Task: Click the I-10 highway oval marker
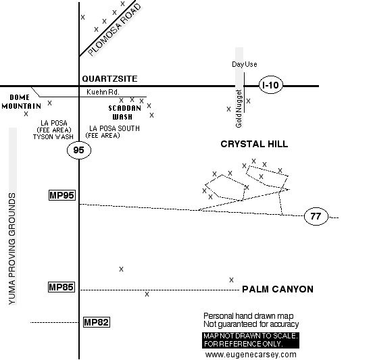[x=271, y=85]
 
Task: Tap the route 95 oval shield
[x=79, y=150]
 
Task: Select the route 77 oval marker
[x=316, y=216]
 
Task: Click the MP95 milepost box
[x=62, y=195]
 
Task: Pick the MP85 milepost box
[x=61, y=287]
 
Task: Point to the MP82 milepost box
[x=97, y=322]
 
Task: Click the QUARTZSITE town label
[x=109, y=79]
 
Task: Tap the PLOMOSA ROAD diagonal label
[x=114, y=30]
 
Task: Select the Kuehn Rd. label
[x=103, y=92]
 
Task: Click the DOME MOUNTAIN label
[x=22, y=102]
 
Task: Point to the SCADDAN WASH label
[x=124, y=112]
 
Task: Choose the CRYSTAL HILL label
[x=254, y=144]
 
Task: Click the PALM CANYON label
[x=278, y=289]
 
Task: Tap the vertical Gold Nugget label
[x=239, y=109]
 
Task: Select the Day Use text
[x=245, y=64]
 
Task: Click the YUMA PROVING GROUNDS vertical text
[x=12, y=249]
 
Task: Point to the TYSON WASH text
[x=53, y=137]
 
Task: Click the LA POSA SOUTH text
[x=114, y=128]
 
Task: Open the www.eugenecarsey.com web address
[x=251, y=355]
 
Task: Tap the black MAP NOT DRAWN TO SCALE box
[x=251, y=340]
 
